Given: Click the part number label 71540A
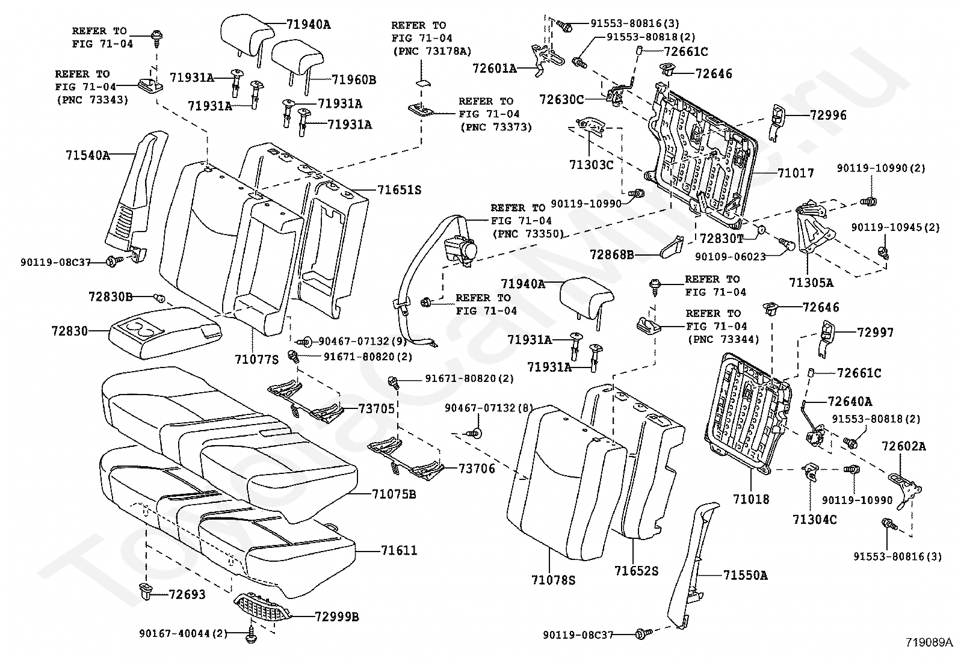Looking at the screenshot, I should click(x=88, y=155).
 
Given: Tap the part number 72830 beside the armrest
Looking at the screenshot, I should click(x=70, y=331).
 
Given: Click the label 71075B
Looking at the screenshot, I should click(x=395, y=494).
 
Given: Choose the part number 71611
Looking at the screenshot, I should click(x=399, y=550).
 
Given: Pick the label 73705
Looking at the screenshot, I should click(x=377, y=409).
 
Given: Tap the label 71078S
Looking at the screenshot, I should click(x=554, y=580).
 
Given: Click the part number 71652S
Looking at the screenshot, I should click(x=636, y=570).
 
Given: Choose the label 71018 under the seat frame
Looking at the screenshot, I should click(x=751, y=499).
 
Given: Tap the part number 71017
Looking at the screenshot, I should click(x=796, y=173).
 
